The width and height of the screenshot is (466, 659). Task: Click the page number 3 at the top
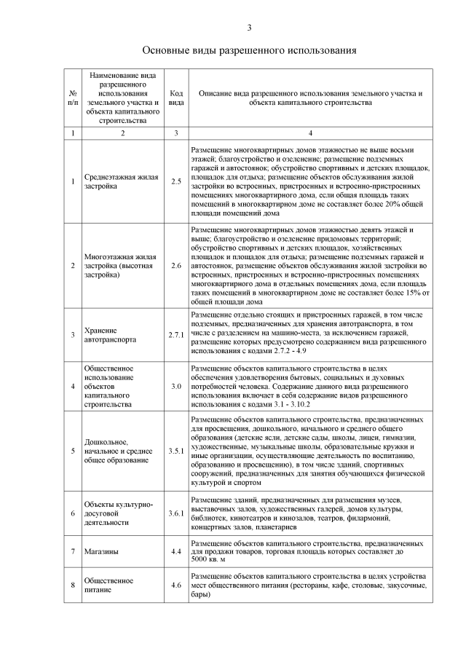[249, 28]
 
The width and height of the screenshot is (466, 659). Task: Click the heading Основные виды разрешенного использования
[248, 51]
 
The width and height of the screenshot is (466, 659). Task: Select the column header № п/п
[73, 98]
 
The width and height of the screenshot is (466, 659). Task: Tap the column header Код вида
[175, 98]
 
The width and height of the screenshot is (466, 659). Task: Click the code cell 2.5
[175, 181]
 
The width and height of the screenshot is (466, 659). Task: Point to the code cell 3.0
[175, 385]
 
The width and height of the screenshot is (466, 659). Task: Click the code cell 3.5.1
[175, 451]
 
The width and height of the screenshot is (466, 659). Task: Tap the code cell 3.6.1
[175, 513]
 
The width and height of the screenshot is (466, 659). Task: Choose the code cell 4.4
[175, 553]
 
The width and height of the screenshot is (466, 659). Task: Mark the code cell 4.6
[175, 585]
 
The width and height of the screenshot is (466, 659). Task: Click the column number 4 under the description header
[310, 133]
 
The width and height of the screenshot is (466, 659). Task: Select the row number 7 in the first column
[73, 553]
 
